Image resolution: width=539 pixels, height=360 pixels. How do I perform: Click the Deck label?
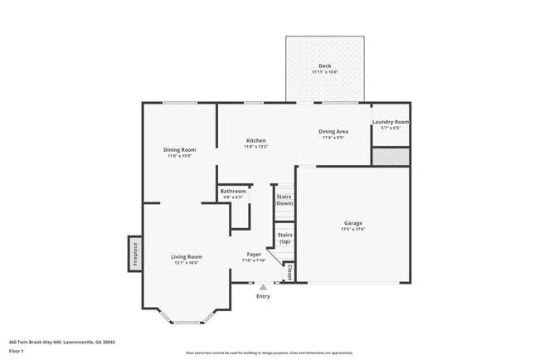pos(325,66)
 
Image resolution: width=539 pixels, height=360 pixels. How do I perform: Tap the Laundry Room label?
pos(390,122)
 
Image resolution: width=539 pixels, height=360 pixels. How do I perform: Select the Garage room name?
pos(354,223)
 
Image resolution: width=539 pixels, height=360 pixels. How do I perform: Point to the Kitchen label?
pos(255,141)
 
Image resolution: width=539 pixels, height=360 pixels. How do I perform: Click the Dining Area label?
pos(333,131)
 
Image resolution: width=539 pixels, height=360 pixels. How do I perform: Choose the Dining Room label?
pos(179,149)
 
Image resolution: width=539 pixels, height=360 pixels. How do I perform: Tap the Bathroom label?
pos(233,192)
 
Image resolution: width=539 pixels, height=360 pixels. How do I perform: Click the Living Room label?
pos(187,256)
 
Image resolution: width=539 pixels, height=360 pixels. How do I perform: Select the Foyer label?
pos(255,254)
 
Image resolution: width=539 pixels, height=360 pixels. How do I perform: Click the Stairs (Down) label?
pos(284,200)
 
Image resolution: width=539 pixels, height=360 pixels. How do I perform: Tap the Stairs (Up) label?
pos(284,238)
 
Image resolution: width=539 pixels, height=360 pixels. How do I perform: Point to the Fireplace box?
pos(133,254)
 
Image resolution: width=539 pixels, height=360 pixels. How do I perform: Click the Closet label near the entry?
pos(289,272)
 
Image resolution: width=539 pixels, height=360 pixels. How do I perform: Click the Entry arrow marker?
pos(263,287)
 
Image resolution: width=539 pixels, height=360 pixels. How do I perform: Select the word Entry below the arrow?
pos(263,296)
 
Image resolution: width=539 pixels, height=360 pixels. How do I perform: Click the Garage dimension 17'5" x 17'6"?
pos(354,229)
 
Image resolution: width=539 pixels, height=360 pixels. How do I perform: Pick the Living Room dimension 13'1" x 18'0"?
pos(187,262)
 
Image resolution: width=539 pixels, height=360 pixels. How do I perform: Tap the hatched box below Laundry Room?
pos(390,157)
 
